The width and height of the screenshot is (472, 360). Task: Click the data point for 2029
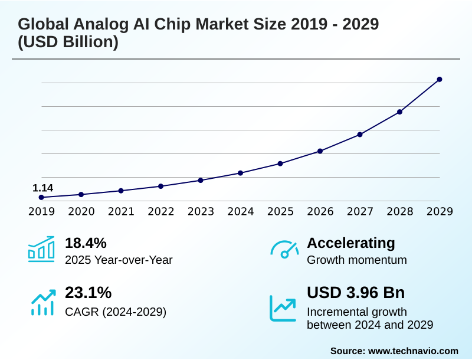pyautogui.click(x=440, y=79)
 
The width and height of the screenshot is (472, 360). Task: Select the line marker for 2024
pyautogui.click(x=241, y=173)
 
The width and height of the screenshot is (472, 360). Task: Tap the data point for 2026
pyautogui.click(x=320, y=151)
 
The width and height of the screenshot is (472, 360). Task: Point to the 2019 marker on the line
pyautogui.click(x=41, y=197)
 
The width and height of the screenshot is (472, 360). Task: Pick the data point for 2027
pyautogui.click(x=360, y=135)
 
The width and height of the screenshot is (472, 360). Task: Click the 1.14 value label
pyautogui.click(x=42, y=188)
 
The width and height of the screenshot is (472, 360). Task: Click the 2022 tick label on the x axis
pyautogui.click(x=161, y=211)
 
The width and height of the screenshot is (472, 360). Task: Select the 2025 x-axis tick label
pyautogui.click(x=280, y=211)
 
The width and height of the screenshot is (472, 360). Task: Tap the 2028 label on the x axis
pyautogui.click(x=400, y=211)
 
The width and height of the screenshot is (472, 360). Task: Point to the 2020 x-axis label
pyautogui.click(x=81, y=211)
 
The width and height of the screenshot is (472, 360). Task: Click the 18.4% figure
pyautogui.click(x=86, y=243)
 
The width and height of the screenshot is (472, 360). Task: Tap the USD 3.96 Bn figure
pyautogui.click(x=356, y=293)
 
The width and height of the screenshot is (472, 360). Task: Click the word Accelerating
pyautogui.click(x=351, y=243)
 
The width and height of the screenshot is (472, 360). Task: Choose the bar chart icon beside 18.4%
pyautogui.click(x=41, y=250)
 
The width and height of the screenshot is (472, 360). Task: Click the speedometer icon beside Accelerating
pyautogui.click(x=284, y=249)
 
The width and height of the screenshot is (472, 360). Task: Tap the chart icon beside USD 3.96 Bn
pyautogui.click(x=283, y=307)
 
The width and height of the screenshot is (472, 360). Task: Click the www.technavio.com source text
pyautogui.click(x=413, y=351)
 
